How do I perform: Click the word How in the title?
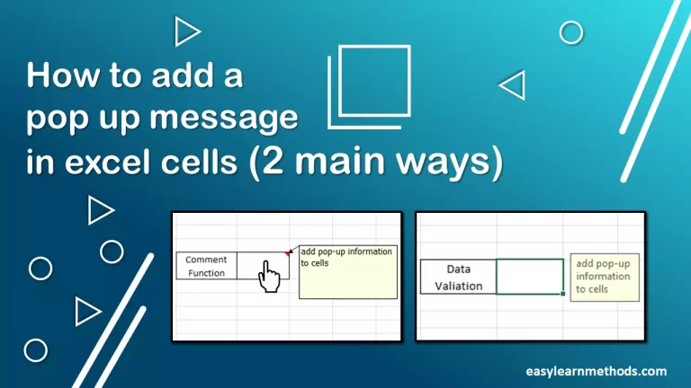coord(59,77)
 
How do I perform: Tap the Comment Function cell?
coord(207,266)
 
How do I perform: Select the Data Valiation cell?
coord(458,277)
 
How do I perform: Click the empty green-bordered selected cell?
coord(530,277)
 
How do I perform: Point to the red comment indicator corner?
coord(289,254)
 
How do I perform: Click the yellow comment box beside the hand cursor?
coord(347,272)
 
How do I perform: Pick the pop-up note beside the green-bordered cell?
coord(604,277)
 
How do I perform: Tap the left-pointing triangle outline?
coord(513,85)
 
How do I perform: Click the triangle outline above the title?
coord(186,32)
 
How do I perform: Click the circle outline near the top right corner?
coord(571,33)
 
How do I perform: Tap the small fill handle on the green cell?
coord(563,294)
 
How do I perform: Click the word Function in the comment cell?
coord(207,273)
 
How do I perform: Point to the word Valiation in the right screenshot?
coord(458,286)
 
